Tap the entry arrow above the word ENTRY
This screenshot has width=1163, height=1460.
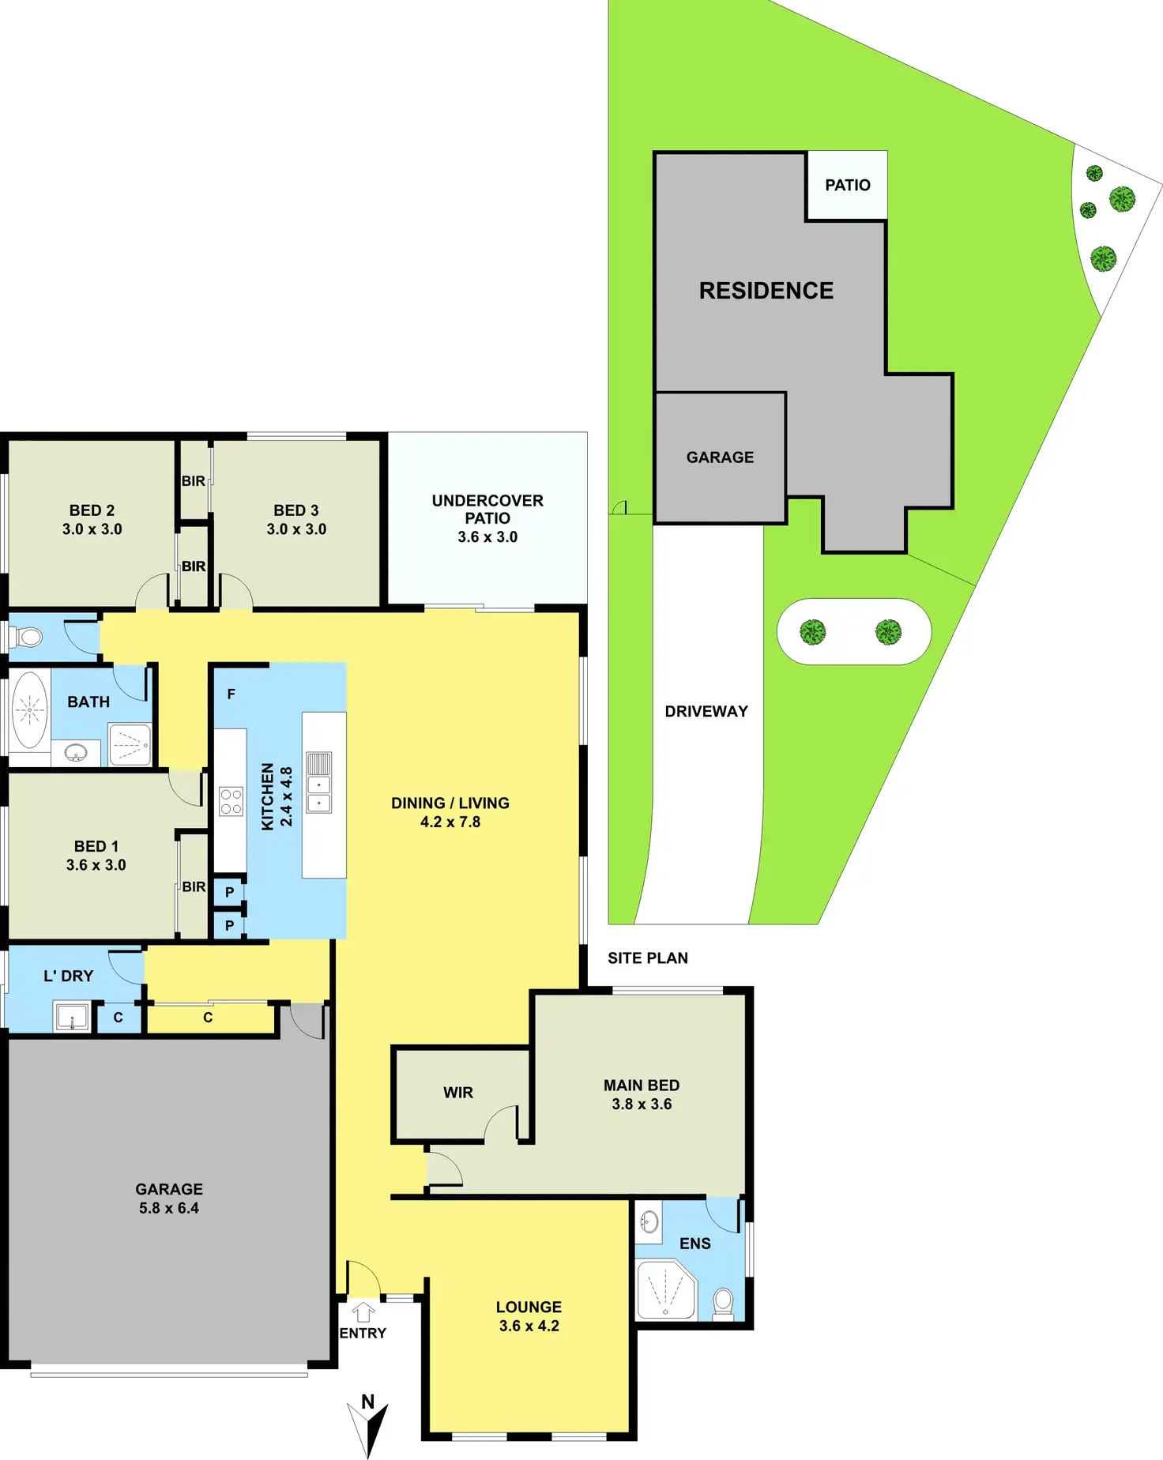click(x=363, y=1312)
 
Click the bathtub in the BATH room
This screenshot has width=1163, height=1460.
click(x=29, y=710)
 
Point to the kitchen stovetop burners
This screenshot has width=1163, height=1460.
click(x=231, y=802)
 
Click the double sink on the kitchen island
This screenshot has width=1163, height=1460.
click(x=319, y=783)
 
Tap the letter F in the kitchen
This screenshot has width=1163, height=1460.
click(x=231, y=694)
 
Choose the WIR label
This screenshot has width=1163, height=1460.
click(x=458, y=1093)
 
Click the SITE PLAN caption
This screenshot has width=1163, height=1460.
click(x=648, y=958)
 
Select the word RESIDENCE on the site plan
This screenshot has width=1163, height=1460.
click(x=766, y=291)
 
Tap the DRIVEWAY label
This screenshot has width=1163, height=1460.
click(x=706, y=712)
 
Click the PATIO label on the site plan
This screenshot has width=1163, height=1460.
click(x=848, y=186)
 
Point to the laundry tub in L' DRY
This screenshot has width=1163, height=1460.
click(x=72, y=1016)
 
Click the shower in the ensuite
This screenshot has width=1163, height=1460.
click(x=665, y=1290)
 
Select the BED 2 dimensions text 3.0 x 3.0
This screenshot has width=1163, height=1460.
click(x=92, y=529)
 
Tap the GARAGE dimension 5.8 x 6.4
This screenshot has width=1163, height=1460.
click(x=169, y=1208)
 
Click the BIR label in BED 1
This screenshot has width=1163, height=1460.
click(x=194, y=887)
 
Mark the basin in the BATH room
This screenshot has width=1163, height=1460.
click(x=76, y=752)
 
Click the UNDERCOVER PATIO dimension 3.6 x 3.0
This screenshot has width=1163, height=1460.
click(x=487, y=537)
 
